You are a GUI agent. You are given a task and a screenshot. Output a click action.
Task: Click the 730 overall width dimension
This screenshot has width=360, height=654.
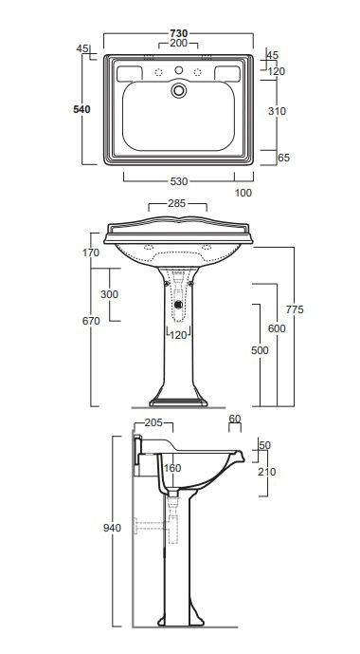[176, 32]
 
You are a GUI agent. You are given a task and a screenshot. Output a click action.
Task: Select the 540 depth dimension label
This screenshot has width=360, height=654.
[81, 110]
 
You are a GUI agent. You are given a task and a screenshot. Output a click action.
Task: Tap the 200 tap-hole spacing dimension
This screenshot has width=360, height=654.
[176, 45]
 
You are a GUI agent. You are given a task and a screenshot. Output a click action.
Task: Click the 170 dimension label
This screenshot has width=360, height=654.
[90, 252]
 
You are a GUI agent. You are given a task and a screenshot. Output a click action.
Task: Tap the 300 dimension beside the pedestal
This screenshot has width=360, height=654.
[109, 295]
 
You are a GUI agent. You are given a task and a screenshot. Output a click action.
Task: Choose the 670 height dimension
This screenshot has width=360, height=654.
[90, 322]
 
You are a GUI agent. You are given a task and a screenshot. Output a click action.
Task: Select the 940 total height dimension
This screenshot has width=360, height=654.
[113, 528]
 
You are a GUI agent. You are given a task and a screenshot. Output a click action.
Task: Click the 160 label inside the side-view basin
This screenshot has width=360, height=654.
[171, 467]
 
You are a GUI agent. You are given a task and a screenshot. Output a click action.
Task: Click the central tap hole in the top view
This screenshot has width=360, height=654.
[177, 91]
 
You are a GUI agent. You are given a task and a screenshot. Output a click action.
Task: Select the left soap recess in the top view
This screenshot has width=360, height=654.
[130, 73]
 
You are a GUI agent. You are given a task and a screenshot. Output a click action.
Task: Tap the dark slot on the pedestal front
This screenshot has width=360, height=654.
[177, 305]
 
